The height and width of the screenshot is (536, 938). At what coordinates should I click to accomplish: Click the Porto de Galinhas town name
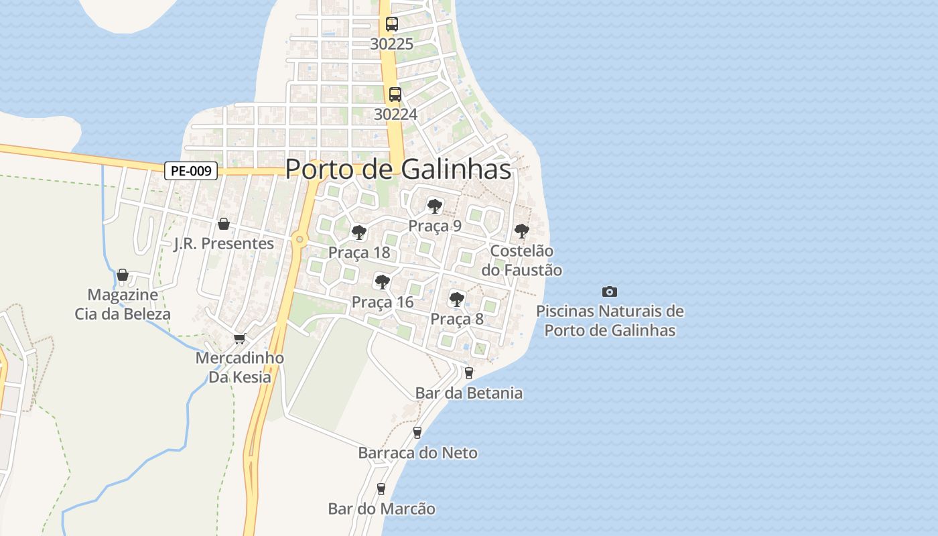coord(398,170)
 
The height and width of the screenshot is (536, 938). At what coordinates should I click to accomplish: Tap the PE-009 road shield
coord(191,171)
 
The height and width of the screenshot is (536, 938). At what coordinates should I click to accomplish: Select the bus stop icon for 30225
coord(392,24)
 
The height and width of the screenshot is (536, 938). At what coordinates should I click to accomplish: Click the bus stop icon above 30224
coord(395,94)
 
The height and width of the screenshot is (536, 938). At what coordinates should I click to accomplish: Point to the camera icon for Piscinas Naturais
coord(609,291)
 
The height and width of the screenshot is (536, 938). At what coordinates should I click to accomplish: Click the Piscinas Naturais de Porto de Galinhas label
coord(610,321)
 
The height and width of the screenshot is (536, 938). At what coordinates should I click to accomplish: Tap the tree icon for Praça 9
coord(435,206)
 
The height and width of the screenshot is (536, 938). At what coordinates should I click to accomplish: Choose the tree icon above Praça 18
coord(359,232)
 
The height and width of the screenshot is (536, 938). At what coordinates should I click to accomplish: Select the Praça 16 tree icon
coord(383,282)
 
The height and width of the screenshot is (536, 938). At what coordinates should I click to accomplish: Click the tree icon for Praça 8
coord(457,299)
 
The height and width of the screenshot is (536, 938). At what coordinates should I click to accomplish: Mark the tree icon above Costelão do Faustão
coord(521,231)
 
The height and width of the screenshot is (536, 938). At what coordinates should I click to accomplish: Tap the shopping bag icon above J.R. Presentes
coord(224,224)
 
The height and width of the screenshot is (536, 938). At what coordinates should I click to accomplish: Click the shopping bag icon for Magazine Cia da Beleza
coord(123,275)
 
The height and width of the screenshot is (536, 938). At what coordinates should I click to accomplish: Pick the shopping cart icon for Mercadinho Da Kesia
coord(239,339)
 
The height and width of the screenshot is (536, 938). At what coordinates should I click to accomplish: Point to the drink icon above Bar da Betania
coord(468,373)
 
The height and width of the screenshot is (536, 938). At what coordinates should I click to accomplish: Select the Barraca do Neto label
coord(418,453)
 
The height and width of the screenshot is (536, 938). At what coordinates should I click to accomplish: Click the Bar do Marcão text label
coord(381,509)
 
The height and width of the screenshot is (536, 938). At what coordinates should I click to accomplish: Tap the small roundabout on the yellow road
coord(299,239)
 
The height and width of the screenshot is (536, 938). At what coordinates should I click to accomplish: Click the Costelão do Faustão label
coord(522,261)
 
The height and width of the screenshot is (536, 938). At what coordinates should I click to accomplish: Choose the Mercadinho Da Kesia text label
coord(240,367)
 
